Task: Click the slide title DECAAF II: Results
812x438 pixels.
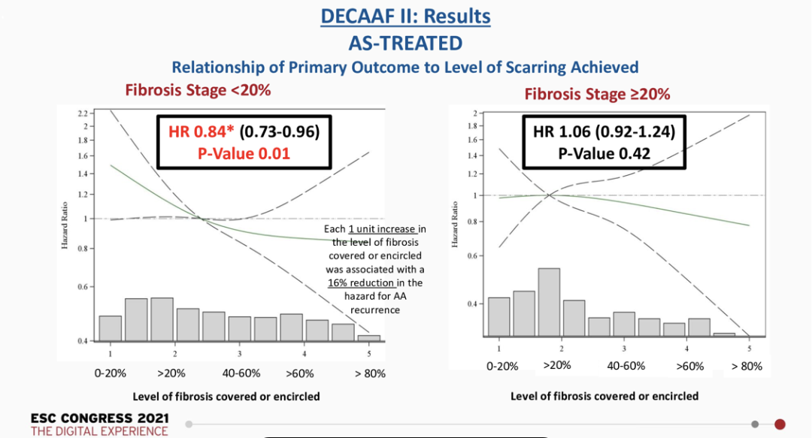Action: tap(405, 16)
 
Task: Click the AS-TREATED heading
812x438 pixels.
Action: tap(405, 42)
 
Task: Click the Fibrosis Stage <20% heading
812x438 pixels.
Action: tap(198, 90)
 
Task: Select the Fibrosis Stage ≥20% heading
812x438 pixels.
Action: tap(597, 95)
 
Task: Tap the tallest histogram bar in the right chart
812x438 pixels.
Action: tap(549, 301)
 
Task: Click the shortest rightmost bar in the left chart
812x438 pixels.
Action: tap(368, 338)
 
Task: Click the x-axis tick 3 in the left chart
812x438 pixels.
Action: tap(239, 353)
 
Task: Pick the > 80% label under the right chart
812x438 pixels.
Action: tap(747, 366)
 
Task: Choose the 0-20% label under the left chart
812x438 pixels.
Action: tap(111, 373)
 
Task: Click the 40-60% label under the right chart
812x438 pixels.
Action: tap(626, 366)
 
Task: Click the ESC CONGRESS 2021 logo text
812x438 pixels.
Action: tap(99, 418)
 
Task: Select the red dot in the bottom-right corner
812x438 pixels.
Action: tap(780, 424)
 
